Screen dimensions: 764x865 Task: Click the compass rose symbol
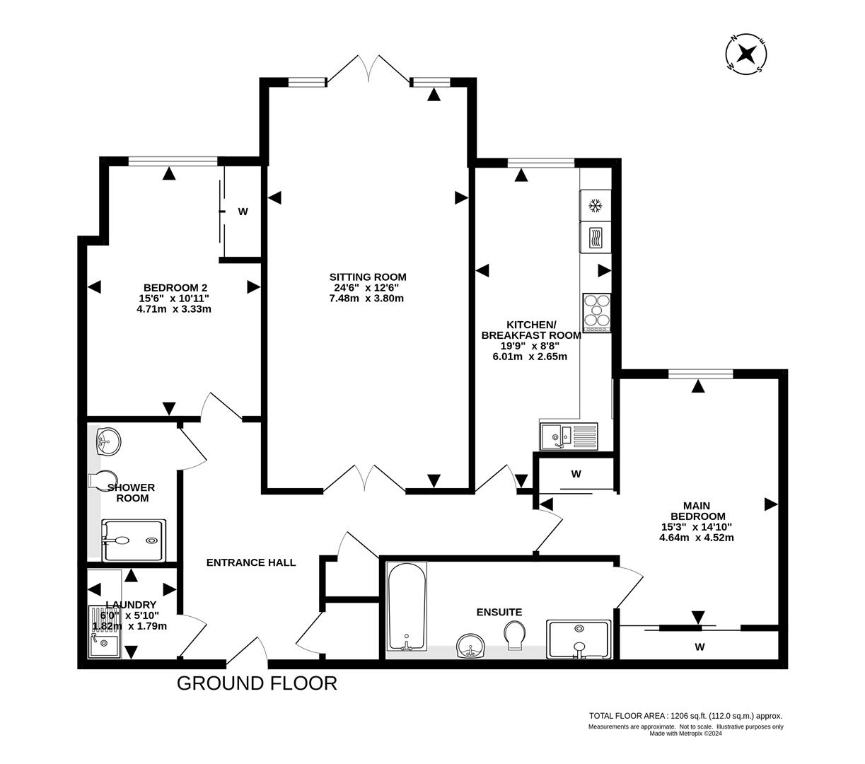746,54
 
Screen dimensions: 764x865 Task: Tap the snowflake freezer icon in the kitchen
596,206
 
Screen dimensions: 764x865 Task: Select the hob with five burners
597,313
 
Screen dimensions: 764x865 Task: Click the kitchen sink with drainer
569,436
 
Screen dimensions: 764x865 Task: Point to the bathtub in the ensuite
407,606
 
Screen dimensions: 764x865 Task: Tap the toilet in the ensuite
515,633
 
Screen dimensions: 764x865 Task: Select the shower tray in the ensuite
579,639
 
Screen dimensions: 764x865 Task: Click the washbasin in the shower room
108,441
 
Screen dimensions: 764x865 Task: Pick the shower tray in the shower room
134,540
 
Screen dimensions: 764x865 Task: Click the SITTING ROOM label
368,277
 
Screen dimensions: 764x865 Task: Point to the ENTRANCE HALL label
251,562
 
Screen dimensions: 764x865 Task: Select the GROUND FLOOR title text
257,683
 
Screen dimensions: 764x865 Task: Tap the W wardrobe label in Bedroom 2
243,211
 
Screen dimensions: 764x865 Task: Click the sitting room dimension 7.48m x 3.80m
366,298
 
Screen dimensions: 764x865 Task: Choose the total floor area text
685,716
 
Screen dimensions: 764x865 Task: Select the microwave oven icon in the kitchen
596,237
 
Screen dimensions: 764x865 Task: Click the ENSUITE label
499,612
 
